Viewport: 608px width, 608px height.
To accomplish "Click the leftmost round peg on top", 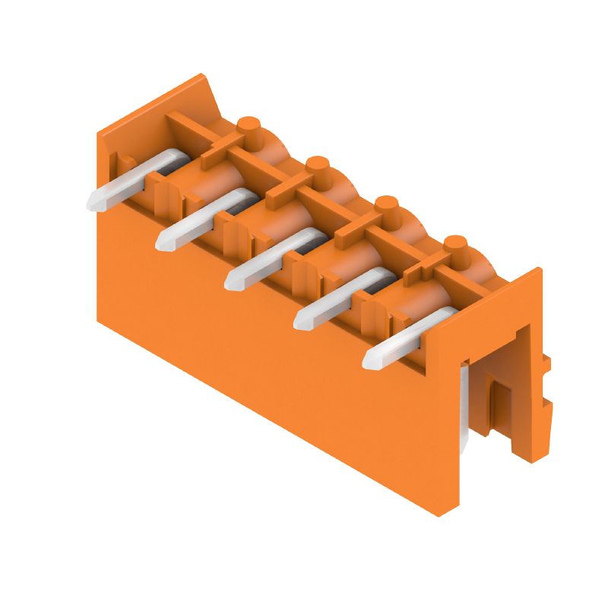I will click(249, 125).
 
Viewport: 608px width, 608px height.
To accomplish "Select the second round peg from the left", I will click(318, 165).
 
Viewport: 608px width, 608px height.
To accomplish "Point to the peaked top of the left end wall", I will click(202, 78).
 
